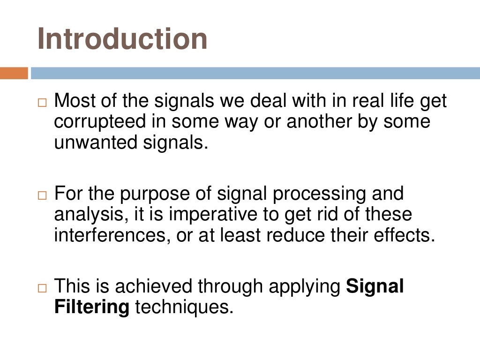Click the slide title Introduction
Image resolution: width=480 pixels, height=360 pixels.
click(x=122, y=38)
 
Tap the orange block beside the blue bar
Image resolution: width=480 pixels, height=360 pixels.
click(x=14, y=73)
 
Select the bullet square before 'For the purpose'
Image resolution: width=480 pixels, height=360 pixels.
click(x=43, y=195)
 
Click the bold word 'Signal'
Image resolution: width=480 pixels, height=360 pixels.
click(x=375, y=286)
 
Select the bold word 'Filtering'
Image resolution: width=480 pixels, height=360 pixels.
click(x=92, y=307)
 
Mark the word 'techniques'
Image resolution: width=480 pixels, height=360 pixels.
click(x=184, y=307)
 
